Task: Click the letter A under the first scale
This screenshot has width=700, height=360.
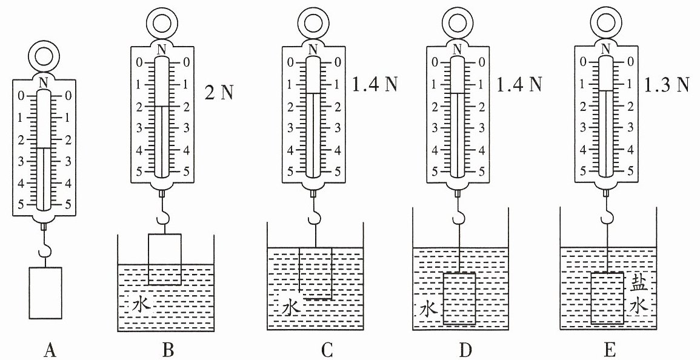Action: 50,350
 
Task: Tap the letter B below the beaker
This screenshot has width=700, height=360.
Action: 168,350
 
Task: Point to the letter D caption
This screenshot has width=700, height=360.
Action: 465,350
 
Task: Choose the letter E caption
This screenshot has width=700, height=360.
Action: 610,350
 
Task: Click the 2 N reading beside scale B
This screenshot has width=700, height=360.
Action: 218,93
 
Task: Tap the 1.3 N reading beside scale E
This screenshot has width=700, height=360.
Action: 666,84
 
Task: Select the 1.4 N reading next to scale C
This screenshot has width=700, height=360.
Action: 375,84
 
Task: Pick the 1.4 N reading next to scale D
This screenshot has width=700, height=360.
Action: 519,84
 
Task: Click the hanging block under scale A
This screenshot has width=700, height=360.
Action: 45,293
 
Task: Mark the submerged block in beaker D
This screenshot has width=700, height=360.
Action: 460,298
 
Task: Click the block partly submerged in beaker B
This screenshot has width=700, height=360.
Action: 165,259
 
